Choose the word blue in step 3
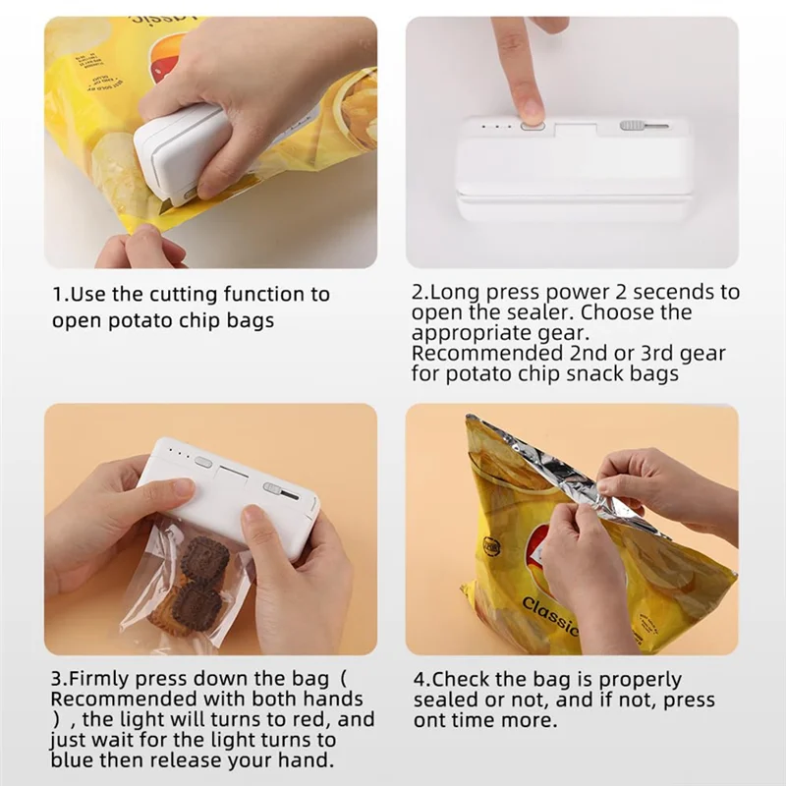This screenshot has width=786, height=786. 75,759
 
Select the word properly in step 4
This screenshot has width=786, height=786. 639,680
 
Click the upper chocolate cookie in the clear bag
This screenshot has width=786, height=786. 205,557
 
